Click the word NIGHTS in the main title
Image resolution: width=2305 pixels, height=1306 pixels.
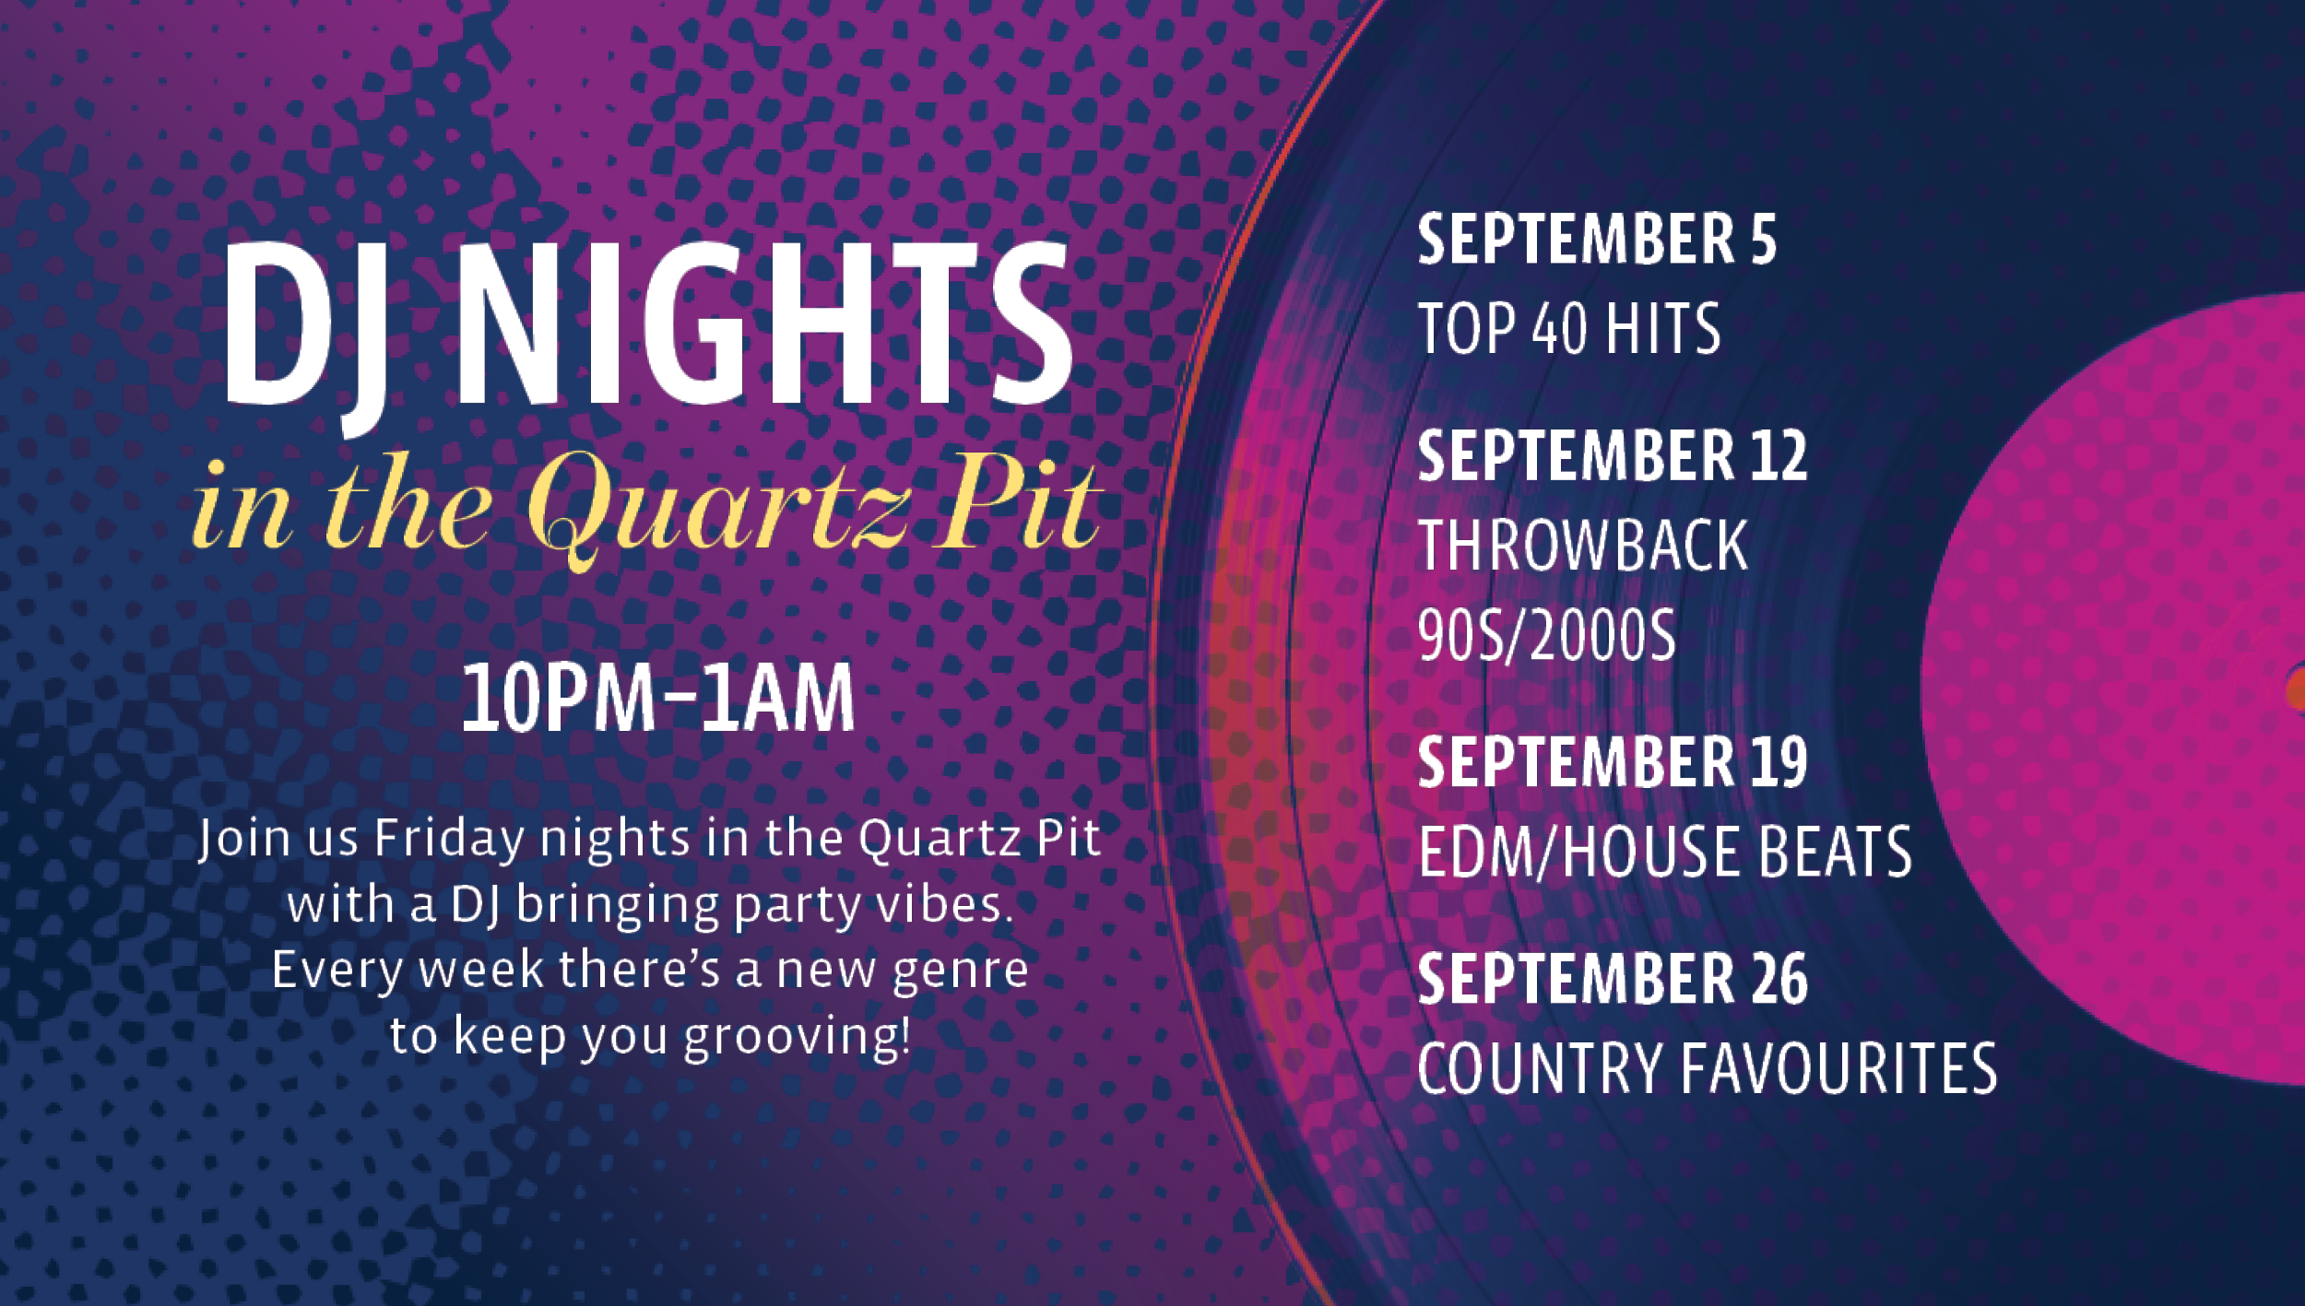766,324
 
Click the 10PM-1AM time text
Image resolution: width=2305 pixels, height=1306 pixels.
658,699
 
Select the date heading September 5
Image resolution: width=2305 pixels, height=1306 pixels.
1597,240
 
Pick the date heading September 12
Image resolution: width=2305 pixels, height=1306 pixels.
1613,455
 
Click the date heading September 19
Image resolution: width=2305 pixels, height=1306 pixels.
1613,762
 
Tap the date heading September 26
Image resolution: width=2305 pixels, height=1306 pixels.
1613,979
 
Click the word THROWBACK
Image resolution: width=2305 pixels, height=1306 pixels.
1582,546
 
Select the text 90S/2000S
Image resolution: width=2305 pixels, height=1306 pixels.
1546,636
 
